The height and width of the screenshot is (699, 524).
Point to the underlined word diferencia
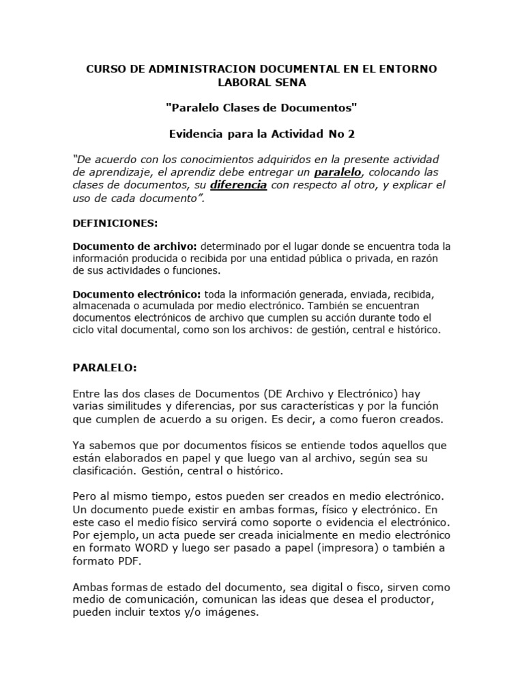[238, 185]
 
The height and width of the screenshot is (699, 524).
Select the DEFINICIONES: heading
[115, 223]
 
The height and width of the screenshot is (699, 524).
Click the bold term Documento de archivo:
[135, 246]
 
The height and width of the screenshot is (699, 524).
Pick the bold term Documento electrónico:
[137, 294]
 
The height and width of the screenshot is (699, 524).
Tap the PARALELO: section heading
[105, 367]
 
